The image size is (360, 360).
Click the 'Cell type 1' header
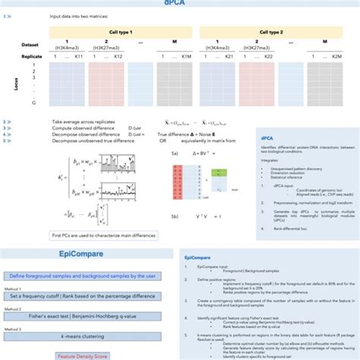(x=118, y=34)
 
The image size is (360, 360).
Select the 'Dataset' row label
(x=30, y=46)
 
